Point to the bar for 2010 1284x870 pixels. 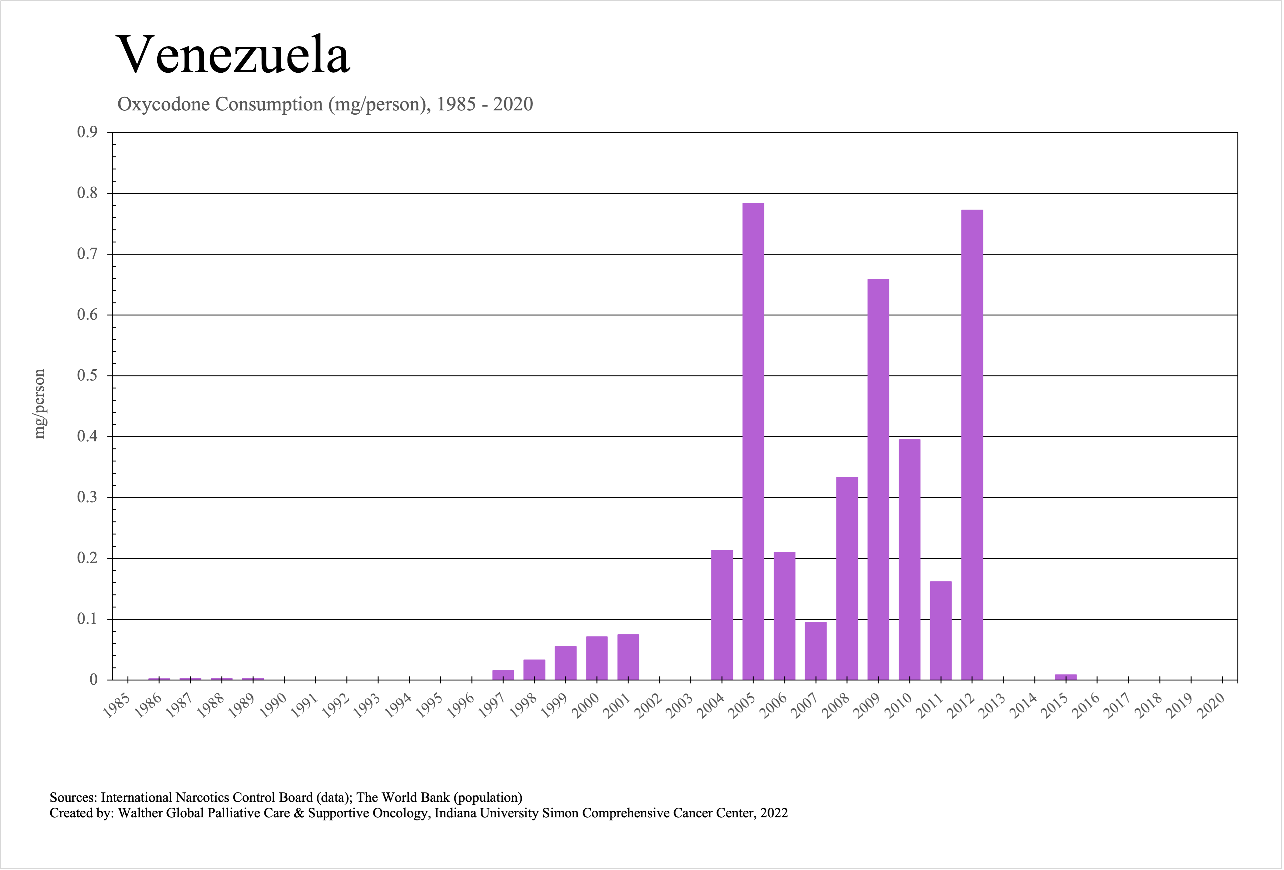point(910,559)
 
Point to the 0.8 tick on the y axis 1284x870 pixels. point(87,193)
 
